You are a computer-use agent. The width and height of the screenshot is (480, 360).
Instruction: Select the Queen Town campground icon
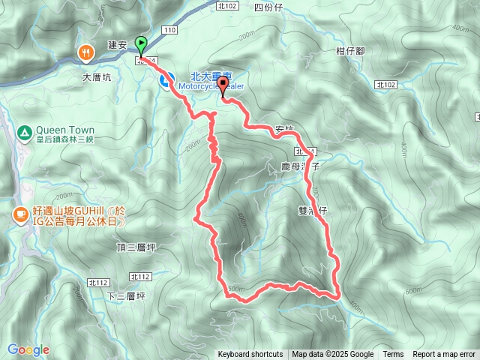click(25, 133)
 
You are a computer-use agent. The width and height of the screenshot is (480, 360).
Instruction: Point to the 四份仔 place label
click(268, 7)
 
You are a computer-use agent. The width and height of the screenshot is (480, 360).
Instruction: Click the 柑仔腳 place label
click(350, 50)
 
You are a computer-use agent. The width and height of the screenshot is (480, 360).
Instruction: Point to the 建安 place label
click(116, 45)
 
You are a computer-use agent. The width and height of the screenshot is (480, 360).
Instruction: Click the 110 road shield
click(169, 29)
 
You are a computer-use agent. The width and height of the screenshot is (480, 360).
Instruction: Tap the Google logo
click(28, 349)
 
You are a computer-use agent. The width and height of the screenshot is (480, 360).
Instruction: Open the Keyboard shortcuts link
click(250, 355)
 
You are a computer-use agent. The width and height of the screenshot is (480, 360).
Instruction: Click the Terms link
click(393, 355)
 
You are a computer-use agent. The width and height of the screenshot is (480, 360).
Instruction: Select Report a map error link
click(445, 355)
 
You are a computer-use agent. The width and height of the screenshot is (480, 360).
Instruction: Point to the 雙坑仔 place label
click(313, 211)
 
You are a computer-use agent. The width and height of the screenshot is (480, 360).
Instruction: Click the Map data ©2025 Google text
click(333, 355)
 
